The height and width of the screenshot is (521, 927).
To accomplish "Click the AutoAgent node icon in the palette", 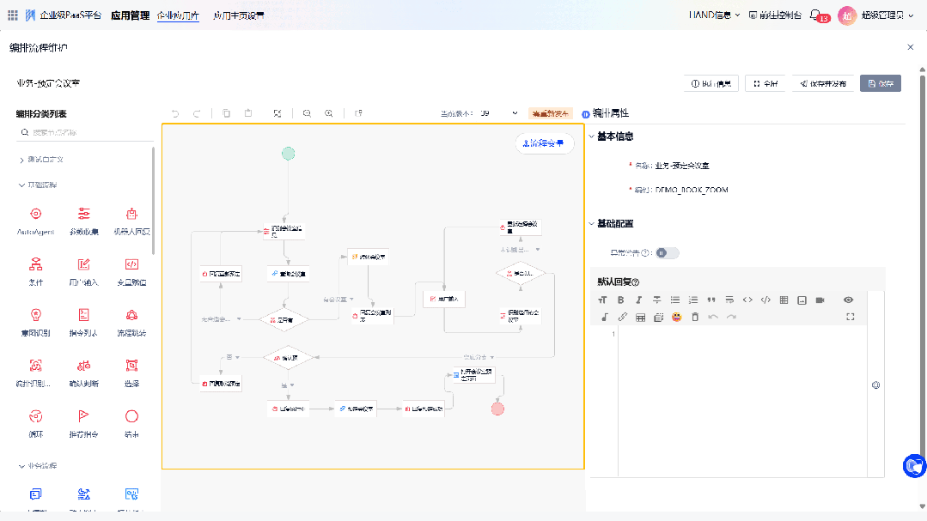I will click(x=35, y=214).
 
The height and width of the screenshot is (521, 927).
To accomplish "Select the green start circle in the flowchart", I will click(x=288, y=154).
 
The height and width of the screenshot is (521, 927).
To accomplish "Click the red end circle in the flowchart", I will click(x=497, y=409).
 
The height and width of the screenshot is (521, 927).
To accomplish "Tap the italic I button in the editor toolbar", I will click(x=638, y=300).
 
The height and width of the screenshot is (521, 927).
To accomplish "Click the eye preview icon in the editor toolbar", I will click(x=848, y=300).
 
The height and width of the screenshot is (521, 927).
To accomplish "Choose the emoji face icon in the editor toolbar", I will click(x=677, y=318).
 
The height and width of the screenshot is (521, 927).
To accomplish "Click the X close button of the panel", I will click(x=911, y=47).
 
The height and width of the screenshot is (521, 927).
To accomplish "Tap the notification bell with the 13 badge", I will click(x=816, y=15).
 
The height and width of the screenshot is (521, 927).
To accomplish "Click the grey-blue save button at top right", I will click(x=881, y=83).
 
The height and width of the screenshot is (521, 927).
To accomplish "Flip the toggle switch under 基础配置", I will click(x=667, y=252).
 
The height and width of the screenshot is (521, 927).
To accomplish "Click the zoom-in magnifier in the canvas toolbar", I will click(x=329, y=113).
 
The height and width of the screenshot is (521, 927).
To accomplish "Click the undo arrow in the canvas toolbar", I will click(x=176, y=113).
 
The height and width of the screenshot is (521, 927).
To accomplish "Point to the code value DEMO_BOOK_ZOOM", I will click(x=691, y=190).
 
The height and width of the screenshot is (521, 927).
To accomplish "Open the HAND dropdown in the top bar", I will click(x=714, y=15).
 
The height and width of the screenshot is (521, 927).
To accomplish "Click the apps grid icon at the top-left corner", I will click(x=12, y=15).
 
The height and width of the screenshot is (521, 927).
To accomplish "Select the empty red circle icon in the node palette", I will click(x=131, y=415).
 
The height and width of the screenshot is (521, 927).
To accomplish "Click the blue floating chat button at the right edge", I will click(x=914, y=465).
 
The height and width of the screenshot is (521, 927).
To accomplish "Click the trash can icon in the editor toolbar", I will click(x=695, y=318).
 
